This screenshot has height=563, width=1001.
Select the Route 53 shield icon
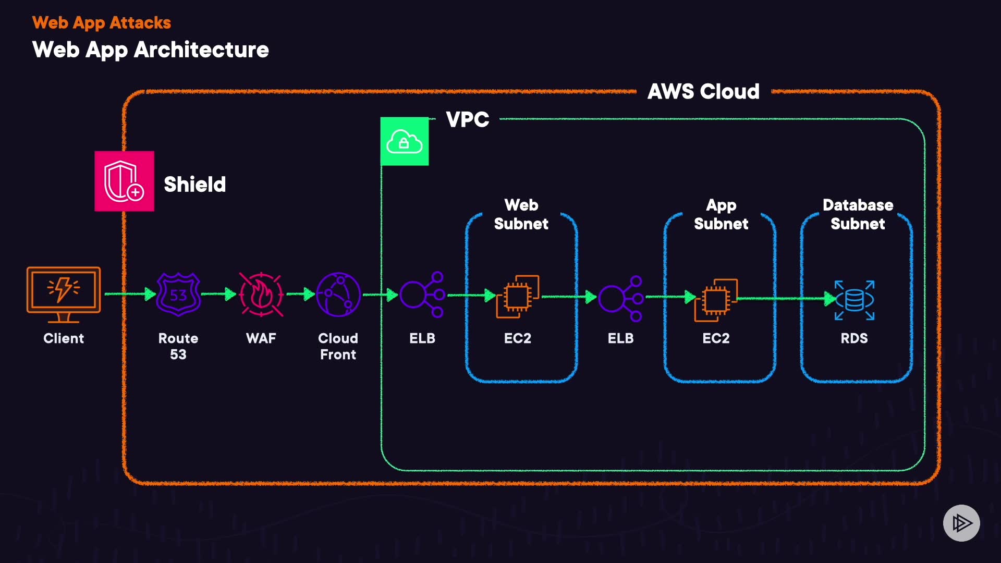[x=178, y=295]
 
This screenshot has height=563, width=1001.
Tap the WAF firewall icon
[x=261, y=295]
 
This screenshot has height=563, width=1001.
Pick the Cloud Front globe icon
[x=338, y=295]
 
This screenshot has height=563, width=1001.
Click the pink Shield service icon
[x=124, y=181]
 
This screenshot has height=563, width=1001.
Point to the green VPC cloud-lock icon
[x=405, y=142]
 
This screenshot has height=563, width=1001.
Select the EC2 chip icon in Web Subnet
[x=518, y=296]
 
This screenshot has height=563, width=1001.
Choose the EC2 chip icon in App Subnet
[x=716, y=300]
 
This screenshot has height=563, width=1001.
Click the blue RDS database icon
[x=854, y=300]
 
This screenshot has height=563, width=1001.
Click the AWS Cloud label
[x=703, y=92]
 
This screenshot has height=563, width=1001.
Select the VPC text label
[x=468, y=120]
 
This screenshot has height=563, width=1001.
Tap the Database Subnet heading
[x=858, y=214]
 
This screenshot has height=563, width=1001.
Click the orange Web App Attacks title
[x=102, y=23]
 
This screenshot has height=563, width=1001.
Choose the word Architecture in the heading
[x=201, y=50]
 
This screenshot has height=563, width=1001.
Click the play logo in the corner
[x=961, y=523]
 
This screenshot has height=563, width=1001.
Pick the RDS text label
[x=854, y=338]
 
